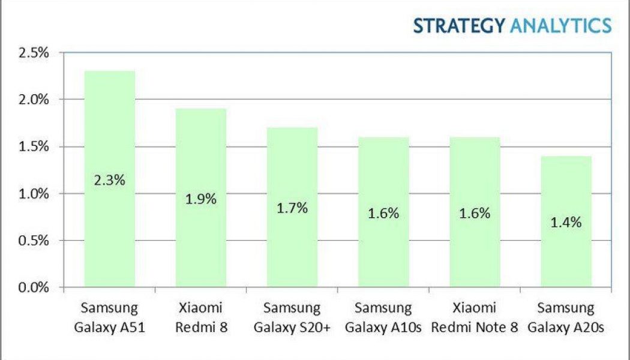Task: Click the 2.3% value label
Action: [x=109, y=180]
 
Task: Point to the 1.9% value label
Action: [x=200, y=199]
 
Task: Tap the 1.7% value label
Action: [x=292, y=209]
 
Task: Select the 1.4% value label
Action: [x=566, y=223]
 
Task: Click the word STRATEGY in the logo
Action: [x=459, y=26]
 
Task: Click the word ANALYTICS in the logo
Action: [x=560, y=26]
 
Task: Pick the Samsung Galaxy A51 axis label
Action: [x=109, y=318]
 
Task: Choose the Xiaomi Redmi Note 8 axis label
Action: [x=475, y=318]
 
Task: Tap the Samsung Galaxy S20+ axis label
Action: [x=292, y=318]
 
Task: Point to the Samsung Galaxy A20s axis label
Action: [x=566, y=318]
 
